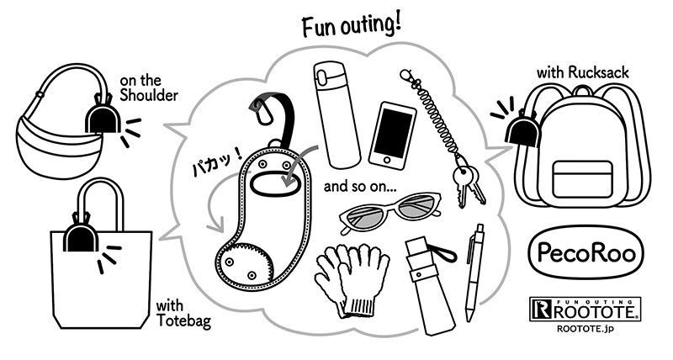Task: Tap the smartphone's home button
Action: [x=389, y=161]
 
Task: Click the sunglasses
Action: [x=389, y=211]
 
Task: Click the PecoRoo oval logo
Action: [x=586, y=253]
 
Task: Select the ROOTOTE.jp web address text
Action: [x=585, y=329]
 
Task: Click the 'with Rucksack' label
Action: [x=582, y=72]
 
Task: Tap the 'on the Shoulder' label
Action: [x=149, y=88]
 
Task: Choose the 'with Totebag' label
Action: [x=183, y=314]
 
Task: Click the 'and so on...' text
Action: [x=360, y=187]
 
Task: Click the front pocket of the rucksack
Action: [x=582, y=178]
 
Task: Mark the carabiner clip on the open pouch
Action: [x=259, y=110]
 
